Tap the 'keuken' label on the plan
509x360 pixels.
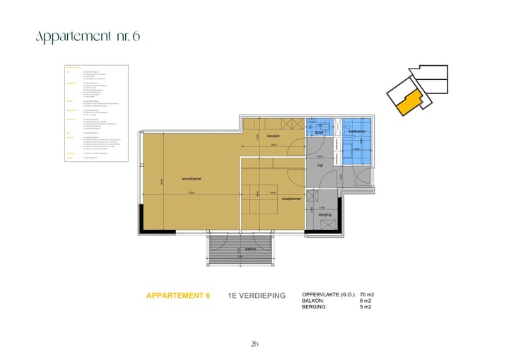(274, 136)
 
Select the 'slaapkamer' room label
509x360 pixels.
(291, 200)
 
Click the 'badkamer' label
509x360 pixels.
(358, 132)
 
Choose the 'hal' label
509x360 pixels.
(320, 166)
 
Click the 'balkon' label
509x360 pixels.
(251, 248)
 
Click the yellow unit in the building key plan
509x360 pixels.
(409, 104)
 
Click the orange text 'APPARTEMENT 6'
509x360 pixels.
(177, 296)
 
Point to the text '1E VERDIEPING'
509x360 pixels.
(257, 296)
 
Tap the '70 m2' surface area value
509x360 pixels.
(368, 294)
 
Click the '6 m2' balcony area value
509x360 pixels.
(365, 300)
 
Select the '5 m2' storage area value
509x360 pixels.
(365, 306)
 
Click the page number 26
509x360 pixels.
(255, 344)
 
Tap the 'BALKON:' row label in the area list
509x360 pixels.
(313, 300)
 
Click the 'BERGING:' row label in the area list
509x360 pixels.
(315, 306)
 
